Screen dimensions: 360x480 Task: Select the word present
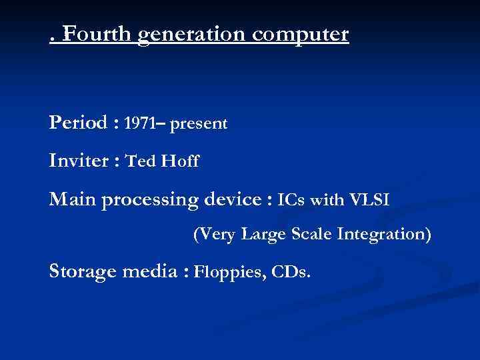coord(199,125)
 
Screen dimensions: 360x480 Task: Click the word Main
coord(72,199)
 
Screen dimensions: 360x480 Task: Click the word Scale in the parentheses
coord(317,235)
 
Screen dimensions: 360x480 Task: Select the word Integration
coord(388,235)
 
